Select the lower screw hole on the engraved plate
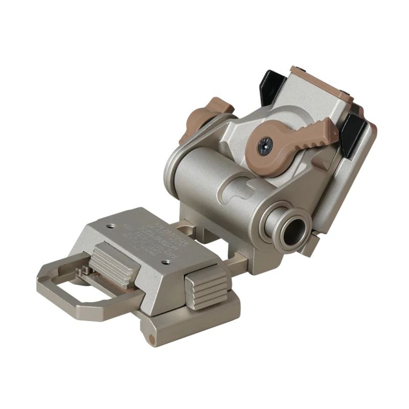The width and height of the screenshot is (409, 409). (166, 262)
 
